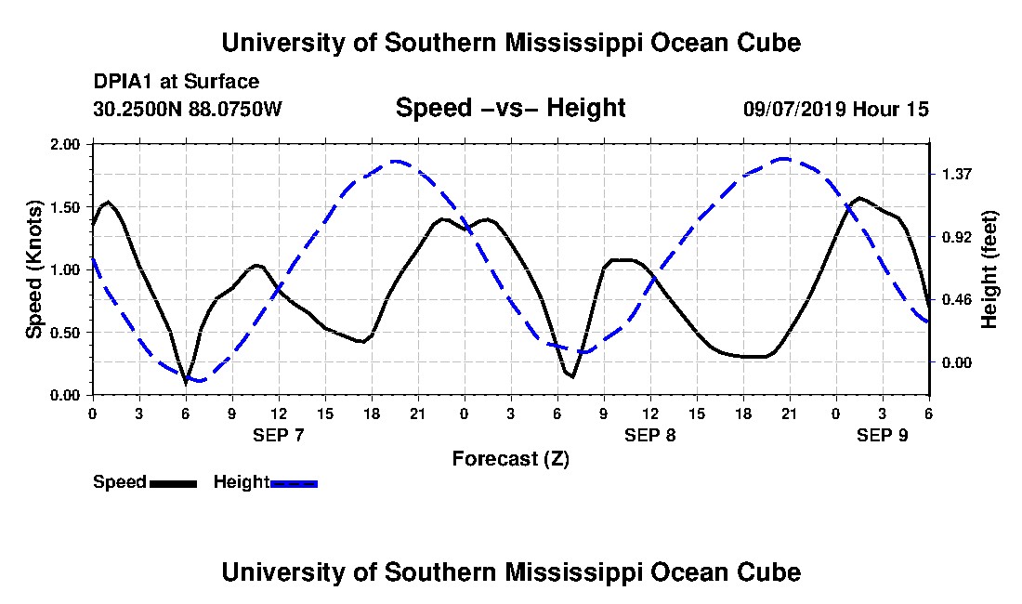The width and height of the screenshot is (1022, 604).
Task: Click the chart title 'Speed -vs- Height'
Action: [510, 109]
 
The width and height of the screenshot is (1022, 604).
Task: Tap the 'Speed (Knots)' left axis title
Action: [34, 269]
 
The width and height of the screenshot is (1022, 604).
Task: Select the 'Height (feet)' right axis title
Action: [989, 269]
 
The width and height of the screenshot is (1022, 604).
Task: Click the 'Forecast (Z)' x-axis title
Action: [510, 458]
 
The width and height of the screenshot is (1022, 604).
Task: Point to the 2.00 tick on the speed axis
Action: [67, 145]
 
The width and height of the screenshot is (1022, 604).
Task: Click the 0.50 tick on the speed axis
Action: [67, 333]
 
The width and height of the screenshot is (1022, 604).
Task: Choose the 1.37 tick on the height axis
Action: [956, 174]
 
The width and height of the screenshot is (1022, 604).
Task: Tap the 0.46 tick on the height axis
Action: [956, 299]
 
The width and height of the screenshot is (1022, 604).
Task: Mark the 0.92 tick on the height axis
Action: [956, 237]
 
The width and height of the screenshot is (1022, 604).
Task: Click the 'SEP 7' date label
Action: [279, 435]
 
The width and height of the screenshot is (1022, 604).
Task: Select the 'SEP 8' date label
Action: [650, 435]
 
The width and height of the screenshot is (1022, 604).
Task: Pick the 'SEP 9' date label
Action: [883, 435]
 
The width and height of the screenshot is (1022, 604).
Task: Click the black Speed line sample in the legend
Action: [173, 483]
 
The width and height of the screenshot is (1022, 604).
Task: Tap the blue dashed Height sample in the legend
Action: [294, 483]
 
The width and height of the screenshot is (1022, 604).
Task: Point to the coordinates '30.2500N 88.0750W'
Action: [187, 109]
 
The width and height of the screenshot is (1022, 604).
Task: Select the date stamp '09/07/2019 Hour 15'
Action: [835, 109]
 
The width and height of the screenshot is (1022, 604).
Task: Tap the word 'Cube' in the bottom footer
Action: [766, 571]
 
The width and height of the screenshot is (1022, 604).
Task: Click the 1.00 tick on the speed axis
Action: [67, 269]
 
